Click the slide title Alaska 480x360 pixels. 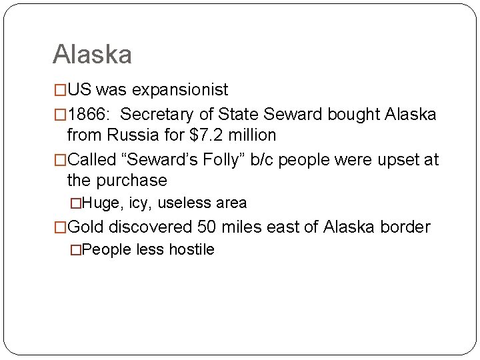92,54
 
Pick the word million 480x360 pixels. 252,135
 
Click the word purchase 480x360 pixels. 131,181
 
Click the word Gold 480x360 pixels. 86,227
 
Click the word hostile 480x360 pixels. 191,250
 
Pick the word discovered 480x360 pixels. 150,227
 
